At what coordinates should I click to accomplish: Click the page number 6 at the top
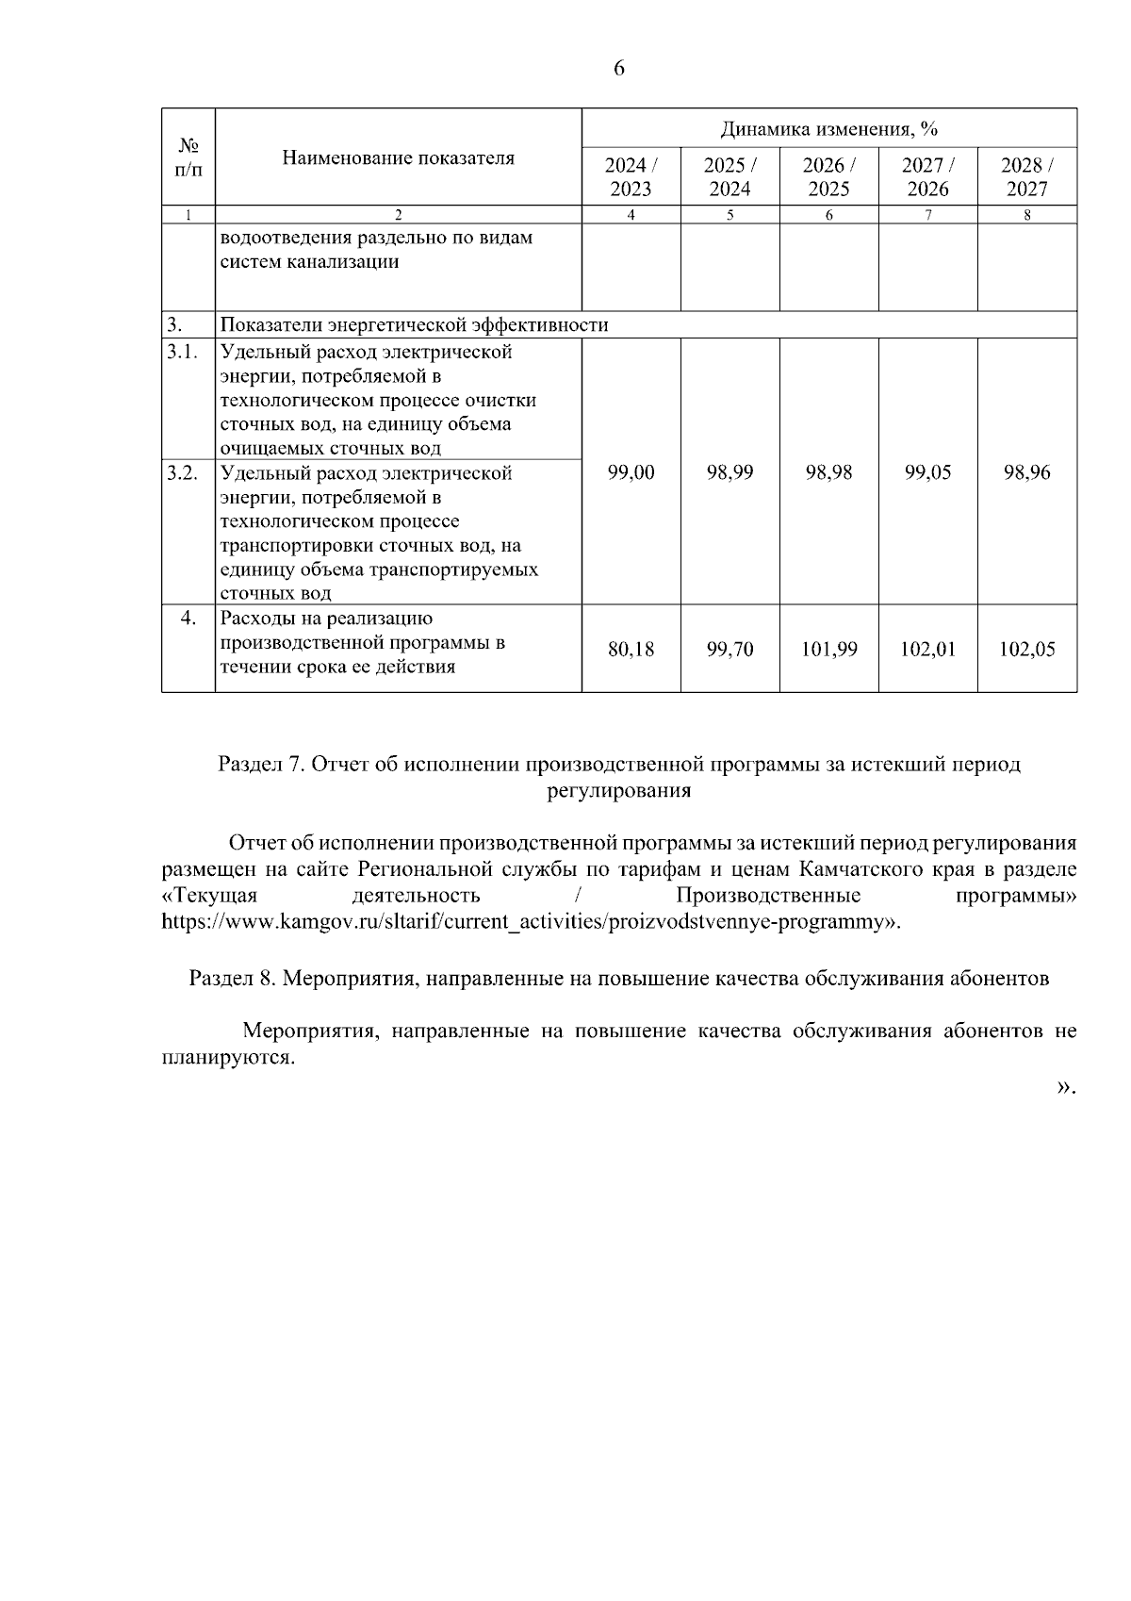tap(619, 69)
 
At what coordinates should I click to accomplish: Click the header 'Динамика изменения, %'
tap(828, 129)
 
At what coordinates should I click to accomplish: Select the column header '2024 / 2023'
tap(631, 176)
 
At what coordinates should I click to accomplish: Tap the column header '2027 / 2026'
tap(927, 176)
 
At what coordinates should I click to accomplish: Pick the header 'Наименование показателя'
tap(398, 157)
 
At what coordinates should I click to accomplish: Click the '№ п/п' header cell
tap(188, 157)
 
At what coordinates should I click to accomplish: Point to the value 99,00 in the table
tap(631, 472)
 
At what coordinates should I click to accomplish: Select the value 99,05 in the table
tap(927, 472)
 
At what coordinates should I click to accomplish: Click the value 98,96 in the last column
tap(1026, 472)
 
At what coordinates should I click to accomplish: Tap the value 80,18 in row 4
tap(631, 649)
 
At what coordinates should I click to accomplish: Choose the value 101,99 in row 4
tap(828, 649)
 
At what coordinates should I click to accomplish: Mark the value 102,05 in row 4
tap(1026, 649)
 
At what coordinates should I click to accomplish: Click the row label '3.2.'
tap(182, 473)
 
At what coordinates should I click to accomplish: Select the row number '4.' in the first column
tap(188, 619)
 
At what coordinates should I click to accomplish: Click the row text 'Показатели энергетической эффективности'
tap(414, 325)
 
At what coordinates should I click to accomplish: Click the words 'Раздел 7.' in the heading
tap(259, 765)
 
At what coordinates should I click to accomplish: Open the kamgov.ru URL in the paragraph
tap(528, 921)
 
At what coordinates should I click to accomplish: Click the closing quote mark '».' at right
tap(1065, 1087)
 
